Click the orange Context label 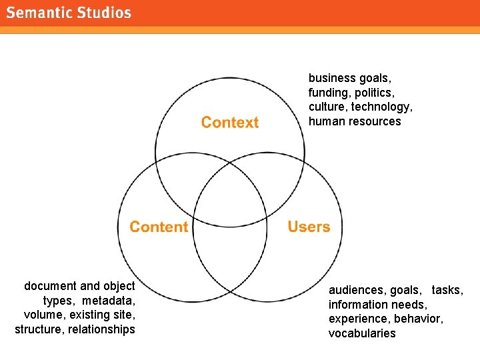[230, 123]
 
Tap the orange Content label [159, 227]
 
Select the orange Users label [309, 227]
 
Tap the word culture [327, 107]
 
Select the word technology [382, 107]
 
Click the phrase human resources [355, 122]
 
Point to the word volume [43, 315]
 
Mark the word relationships [101, 329]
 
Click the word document [51, 286]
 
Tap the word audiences [357, 290]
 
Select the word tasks [447, 290]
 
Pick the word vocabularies [362, 333]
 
